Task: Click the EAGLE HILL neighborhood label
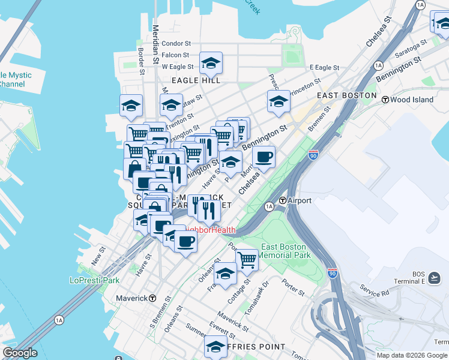196,80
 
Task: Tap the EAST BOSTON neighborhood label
346,95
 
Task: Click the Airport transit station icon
282,200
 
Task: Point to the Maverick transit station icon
153,298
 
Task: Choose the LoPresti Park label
94,280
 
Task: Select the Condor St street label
176,43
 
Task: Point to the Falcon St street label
176,55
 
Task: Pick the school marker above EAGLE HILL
211,62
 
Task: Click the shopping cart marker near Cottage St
247,259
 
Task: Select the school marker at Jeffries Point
215,346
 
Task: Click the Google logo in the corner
20,353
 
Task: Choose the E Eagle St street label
324,67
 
